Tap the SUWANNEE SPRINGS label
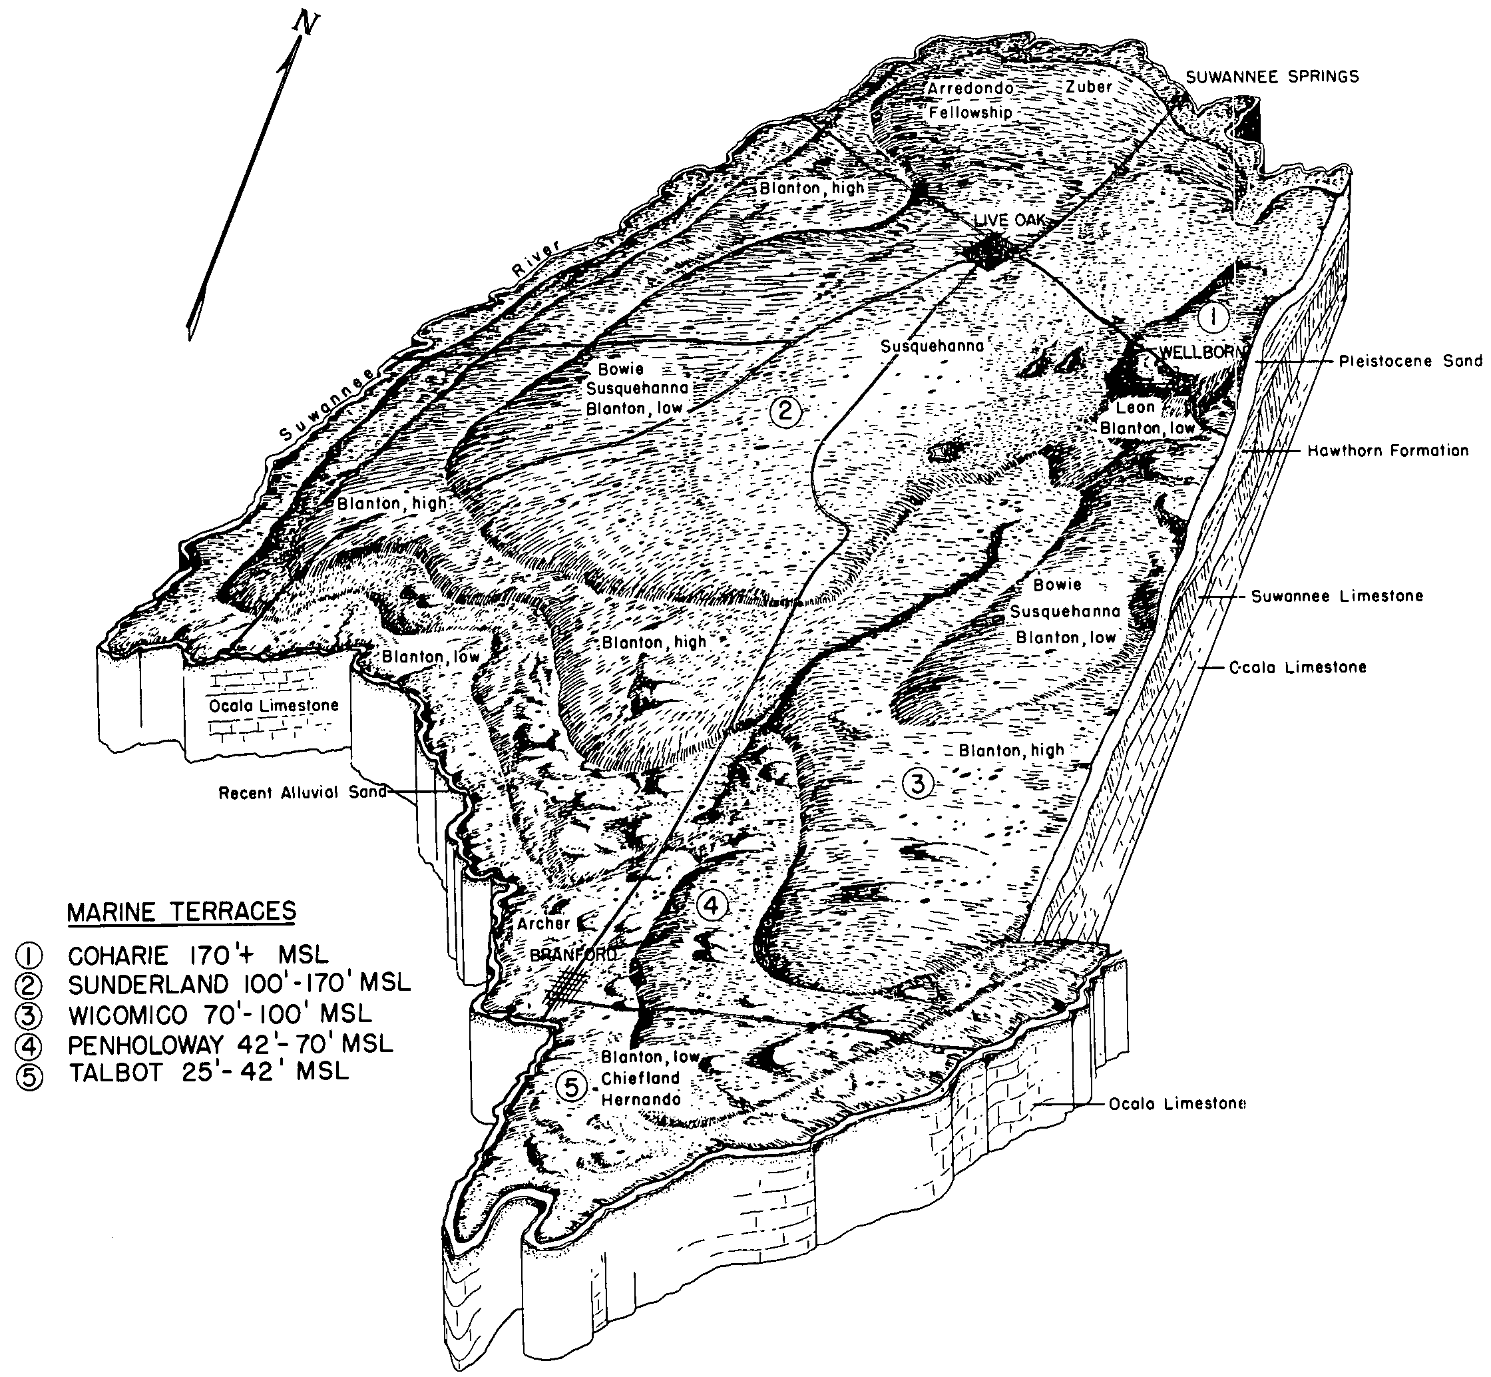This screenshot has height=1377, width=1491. click(x=1272, y=77)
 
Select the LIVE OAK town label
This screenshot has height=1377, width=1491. click(x=1009, y=220)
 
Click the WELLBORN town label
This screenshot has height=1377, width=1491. click(x=1201, y=352)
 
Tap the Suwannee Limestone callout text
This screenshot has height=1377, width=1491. click(x=1337, y=596)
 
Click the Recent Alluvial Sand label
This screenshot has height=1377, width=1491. click(x=302, y=793)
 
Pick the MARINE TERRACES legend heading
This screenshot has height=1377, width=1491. click(x=182, y=912)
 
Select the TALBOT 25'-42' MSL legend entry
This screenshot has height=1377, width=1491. click(x=181, y=1071)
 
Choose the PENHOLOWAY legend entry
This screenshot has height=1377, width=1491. click(x=203, y=1043)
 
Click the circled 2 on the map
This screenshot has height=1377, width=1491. click(x=787, y=412)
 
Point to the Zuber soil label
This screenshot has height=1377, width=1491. click(x=1089, y=87)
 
